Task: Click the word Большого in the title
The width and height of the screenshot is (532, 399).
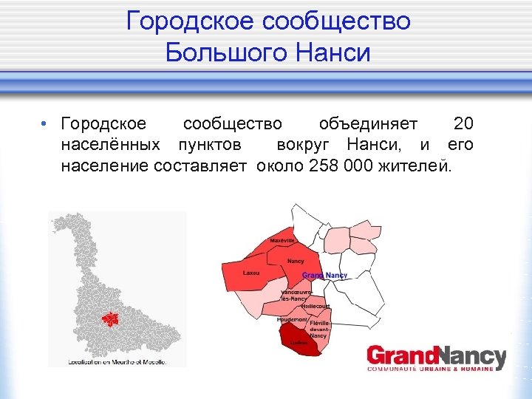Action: [225, 53]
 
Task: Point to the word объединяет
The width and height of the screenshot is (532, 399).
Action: [367, 123]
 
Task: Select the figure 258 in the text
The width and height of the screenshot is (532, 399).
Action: [324, 165]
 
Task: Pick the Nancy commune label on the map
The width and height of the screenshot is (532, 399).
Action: [296, 262]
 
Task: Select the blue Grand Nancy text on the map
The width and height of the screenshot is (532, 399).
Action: [324, 276]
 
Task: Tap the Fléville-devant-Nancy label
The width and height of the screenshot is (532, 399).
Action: [319, 330]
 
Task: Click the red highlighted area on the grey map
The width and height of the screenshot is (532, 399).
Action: [110, 318]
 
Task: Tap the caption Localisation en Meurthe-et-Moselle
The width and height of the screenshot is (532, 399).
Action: [117, 362]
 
